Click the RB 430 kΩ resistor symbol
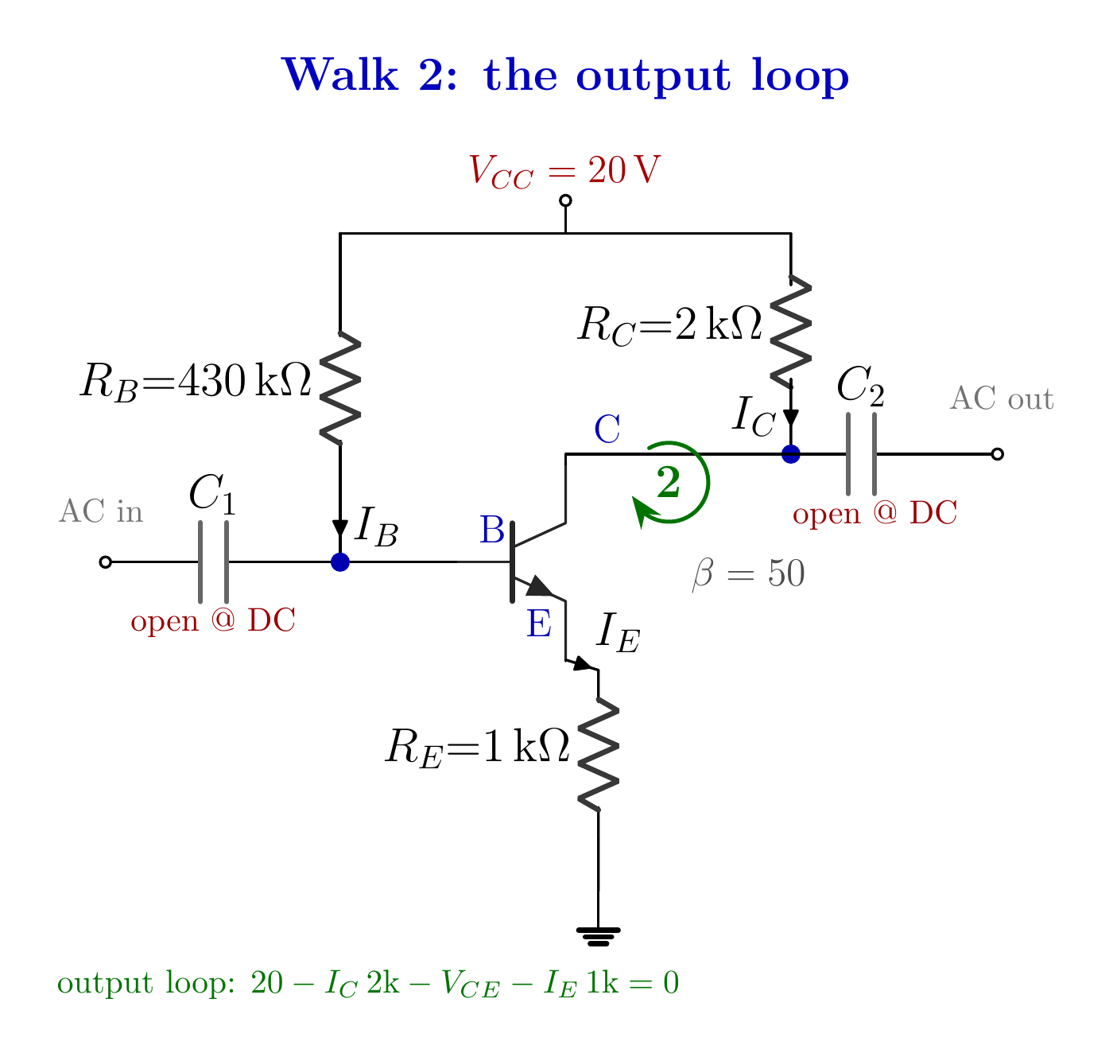pyautogui.click(x=339, y=387)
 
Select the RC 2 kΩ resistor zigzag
pyautogui.click(x=790, y=332)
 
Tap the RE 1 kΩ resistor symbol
pyautogui.click(x=598, y=754)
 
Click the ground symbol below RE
pyautogui.click(x=598, y=938)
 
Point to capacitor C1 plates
pyautogui.click(x=213, y=562)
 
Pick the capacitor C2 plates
pyautogui.click(x=861, y=453)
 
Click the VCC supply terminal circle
pyautogui.click(x=565, y=200)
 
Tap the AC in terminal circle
pyautogui.click(x=105, y=562)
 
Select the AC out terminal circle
pyautogui.click(x=998, y=453)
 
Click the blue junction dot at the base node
pyautogui.click(x=339, y=562)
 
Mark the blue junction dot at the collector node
pyautogui.click(x=790, y=453)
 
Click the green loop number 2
pyautogui.click(x=668, y=482)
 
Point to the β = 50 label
pyautogui.click(x=748, y=573)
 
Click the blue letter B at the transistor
pyautogui.click(x=491, y=530)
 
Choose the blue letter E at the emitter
pyautogui.click(x=538, y=624)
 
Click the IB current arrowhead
pyautogui.click(x=339, y=528)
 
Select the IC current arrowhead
pyautogui.click(x=790, y=418)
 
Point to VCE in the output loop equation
pyautogui.click(x=470, y=983)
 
